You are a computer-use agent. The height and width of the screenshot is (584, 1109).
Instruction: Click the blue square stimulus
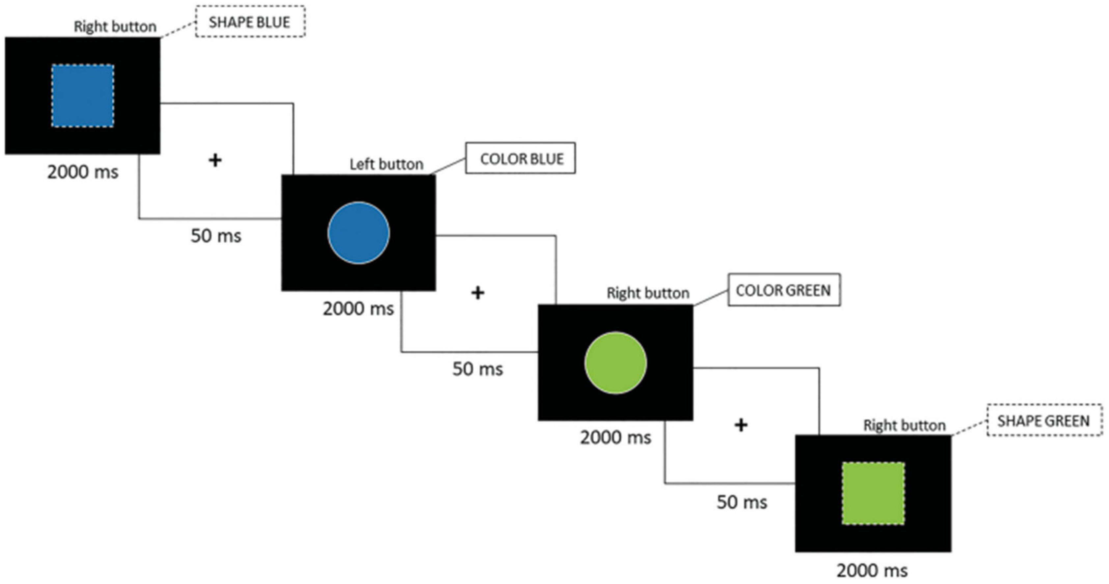point(83,95)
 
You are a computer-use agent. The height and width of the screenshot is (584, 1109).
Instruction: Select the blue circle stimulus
point(359,233)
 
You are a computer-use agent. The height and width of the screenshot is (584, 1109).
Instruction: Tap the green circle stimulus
point(616,363)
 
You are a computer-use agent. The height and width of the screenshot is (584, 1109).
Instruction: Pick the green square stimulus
point(873,493)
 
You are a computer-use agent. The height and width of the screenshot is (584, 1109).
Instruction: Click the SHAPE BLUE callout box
point(250,22)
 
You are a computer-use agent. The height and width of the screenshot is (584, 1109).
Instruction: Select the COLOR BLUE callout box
point(521,158)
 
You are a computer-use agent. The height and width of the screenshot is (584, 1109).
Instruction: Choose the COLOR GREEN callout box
point(784,290)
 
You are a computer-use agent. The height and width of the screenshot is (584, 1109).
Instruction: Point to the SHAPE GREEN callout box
point(1044,420)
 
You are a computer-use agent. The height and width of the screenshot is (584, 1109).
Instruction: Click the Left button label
point(386,164)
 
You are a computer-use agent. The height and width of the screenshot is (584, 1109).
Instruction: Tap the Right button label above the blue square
point(115,27)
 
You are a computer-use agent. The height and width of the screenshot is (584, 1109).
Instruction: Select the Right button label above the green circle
point(648,293)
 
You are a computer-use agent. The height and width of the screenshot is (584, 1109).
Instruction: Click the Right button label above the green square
point(905,425)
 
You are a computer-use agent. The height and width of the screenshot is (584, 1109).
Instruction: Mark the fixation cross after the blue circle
point(477,293)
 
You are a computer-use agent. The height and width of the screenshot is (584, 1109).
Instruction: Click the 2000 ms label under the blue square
point(83,172)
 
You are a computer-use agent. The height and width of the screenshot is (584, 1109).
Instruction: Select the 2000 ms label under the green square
point(872,571)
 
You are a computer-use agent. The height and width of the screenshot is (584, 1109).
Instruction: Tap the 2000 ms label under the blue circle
point(358,308)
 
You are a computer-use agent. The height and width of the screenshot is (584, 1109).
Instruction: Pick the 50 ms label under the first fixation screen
point(216,236)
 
